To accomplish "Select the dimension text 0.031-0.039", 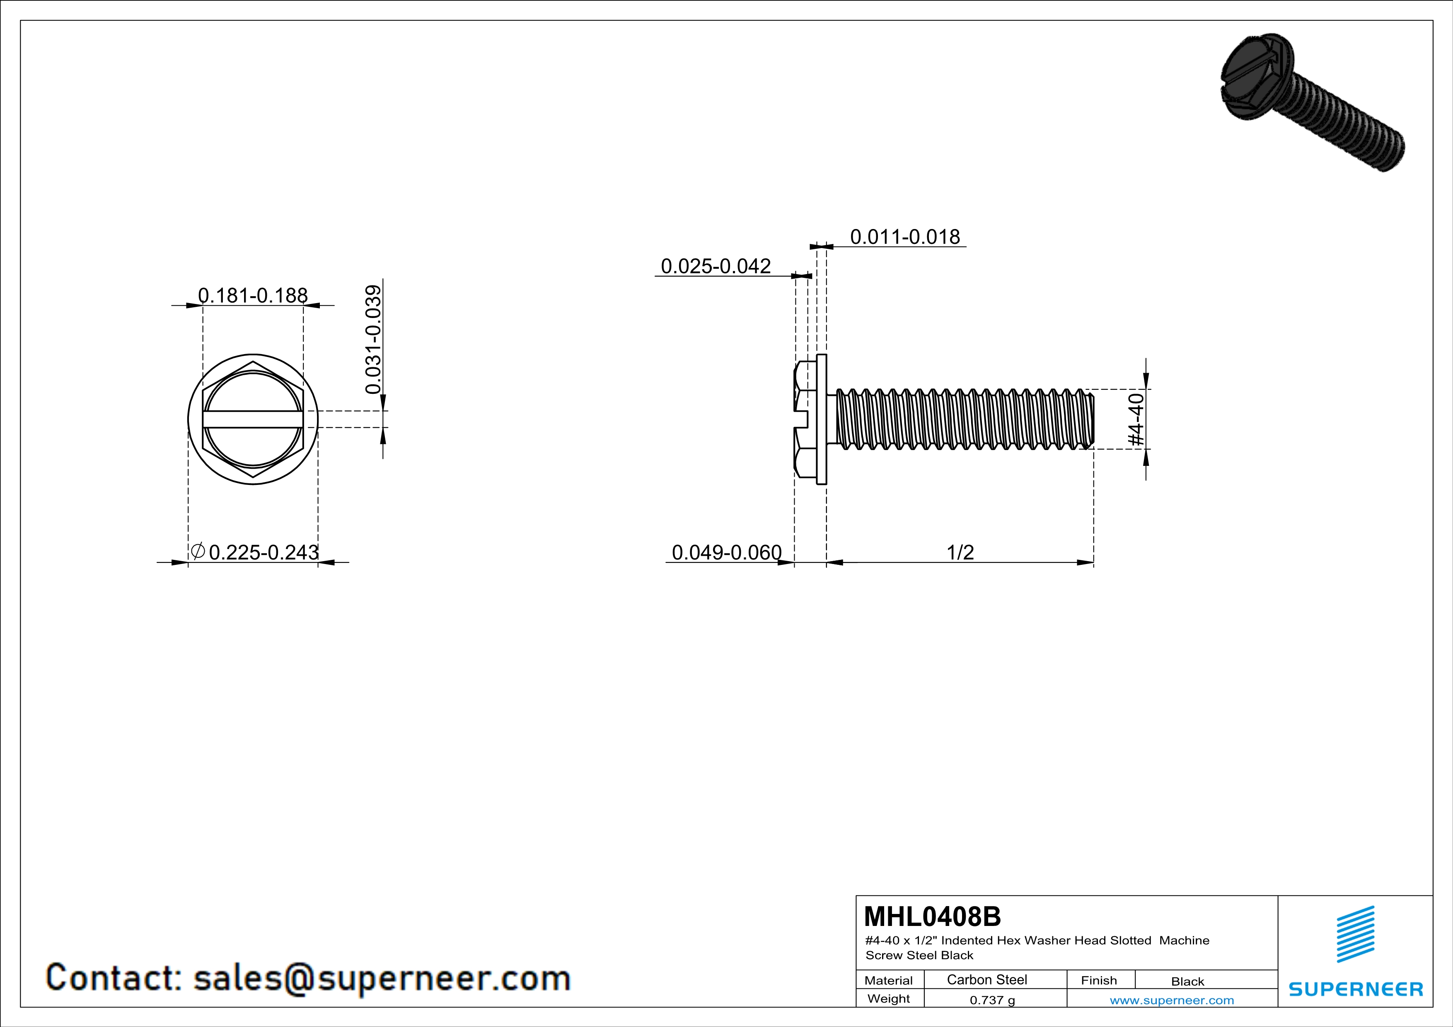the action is click(x=374, y=339).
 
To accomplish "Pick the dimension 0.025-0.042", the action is click(x=716, y=266).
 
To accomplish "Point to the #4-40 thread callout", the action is click(x=1136, y=419).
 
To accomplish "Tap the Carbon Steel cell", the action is click(x=986, y=979).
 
